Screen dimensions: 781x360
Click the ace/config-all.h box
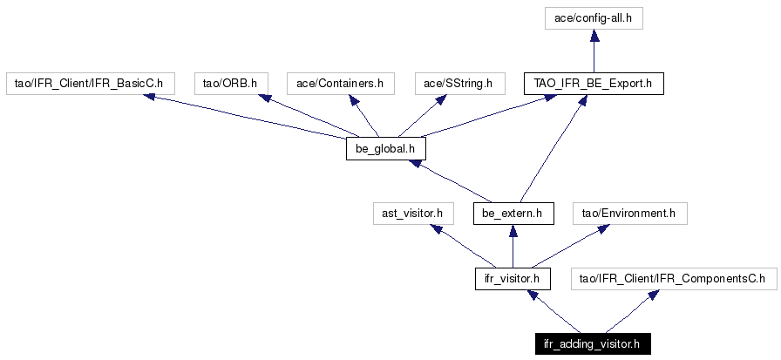pyautogui.click(x=594, y=19)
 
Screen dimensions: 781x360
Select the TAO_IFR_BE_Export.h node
pyautogui.click(x=594, y=83)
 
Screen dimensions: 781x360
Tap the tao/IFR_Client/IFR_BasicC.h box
pyautogui.click(x=90, y=83)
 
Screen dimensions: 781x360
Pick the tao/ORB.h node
pyautogui.click(x=231, y=83)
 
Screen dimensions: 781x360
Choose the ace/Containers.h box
pyautogui.click(x=340, y=83)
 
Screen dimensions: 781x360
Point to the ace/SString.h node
pyautogui.click(x=459, y=83)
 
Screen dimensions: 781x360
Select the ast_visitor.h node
pyautogui.click(x=413, y=214)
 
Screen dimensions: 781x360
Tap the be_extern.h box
pyautogui.click(x=513, y=214)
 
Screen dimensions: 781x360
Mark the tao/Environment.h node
pyautogui.click(x=630, y=214)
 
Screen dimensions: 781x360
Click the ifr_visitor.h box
pyautogui.click(x=513, y=279)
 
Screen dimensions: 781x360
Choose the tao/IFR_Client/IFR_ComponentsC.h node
pyautogui.click(x=674, y=279)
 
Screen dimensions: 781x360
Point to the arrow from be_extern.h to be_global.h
pyautogui.click(x=448, y=181)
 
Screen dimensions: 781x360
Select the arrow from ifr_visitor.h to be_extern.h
pyautogui.click(x=513, y=247)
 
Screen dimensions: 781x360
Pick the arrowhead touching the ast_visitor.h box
pyautogui.click(x=438, y=229)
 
